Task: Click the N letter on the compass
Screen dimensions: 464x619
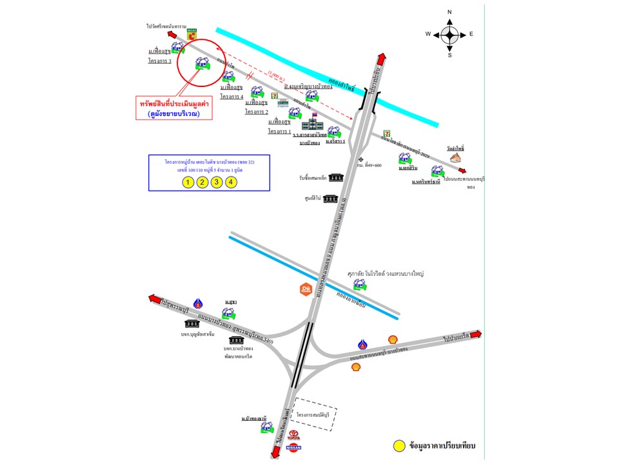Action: (449, 12)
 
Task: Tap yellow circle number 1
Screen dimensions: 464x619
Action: (187, 182)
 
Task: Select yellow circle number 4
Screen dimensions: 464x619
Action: (231, 182)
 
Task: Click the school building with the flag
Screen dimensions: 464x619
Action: (313, 122)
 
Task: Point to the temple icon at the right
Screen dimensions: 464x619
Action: (456, 157)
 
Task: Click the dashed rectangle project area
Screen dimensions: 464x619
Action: (317, 413)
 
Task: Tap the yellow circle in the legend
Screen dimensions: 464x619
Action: (398, 445)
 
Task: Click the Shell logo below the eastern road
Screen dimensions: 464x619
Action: (355, 367)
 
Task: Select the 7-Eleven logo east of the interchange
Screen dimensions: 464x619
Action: (388, 132)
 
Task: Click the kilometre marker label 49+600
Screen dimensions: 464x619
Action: (374, 164)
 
